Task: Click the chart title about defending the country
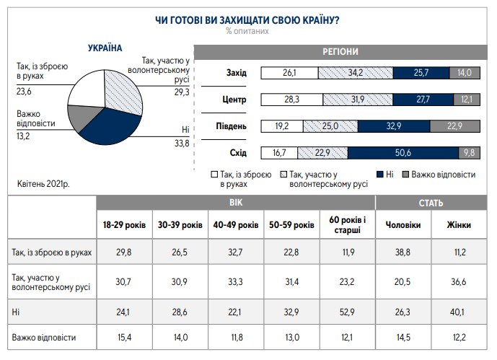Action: pos(247,19)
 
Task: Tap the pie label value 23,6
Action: pos(25,92)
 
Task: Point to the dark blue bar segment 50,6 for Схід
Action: pos(403,152)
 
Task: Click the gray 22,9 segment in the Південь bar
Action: pos(454,126)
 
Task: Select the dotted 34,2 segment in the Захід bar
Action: pos(355,73)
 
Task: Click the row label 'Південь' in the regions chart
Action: pos(232,126)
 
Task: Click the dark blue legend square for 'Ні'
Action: pos(379,175)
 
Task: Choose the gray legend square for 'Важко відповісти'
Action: pos(405,175)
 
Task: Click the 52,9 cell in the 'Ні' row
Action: pos(346,311)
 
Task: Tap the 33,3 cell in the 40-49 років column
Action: pos(235,281)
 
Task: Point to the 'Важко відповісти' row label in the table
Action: pos(44,337)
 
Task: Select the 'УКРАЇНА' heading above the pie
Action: pos(105,48)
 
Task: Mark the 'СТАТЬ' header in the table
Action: pos(431,203)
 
